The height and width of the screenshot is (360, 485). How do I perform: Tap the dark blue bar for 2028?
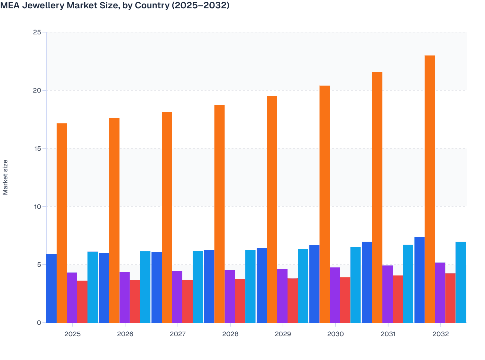tap(209, 286)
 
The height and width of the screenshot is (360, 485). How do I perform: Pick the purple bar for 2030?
tap(335, 295)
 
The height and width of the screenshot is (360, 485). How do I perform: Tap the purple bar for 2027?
tap(177, 297)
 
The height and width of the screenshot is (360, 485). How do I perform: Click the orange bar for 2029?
tap(272, 209)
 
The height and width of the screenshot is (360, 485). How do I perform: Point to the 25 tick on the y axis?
tap(37, 32)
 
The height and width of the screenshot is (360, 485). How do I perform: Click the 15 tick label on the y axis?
tap(37, 148)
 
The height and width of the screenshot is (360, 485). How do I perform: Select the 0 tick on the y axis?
tap(39, 323)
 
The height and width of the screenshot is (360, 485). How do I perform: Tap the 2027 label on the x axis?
tap(178, 334)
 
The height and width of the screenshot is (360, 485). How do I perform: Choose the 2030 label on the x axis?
tap(335, 334)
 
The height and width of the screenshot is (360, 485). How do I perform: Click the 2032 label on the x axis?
tap(441, 334)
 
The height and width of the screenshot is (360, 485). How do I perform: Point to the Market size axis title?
tap(5, 177)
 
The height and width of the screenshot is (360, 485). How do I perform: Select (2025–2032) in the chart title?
tap(200, 5)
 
